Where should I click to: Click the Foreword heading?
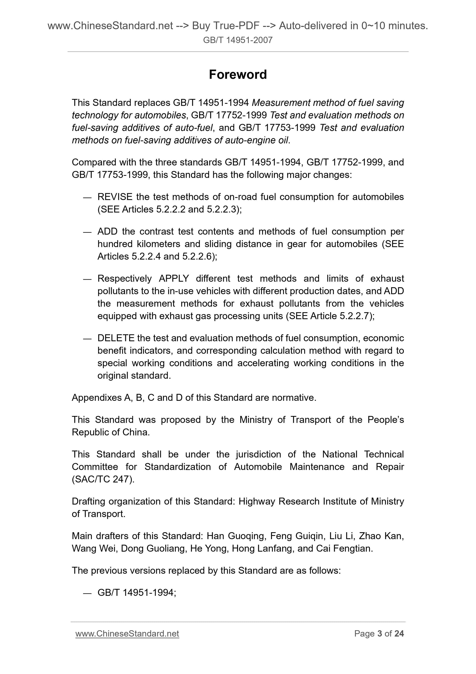[x=238, y=75]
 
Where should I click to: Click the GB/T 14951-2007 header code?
[x=238, y=40]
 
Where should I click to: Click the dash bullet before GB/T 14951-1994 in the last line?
[x=87, y=593]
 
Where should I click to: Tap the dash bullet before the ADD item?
[x=87, y=232]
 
